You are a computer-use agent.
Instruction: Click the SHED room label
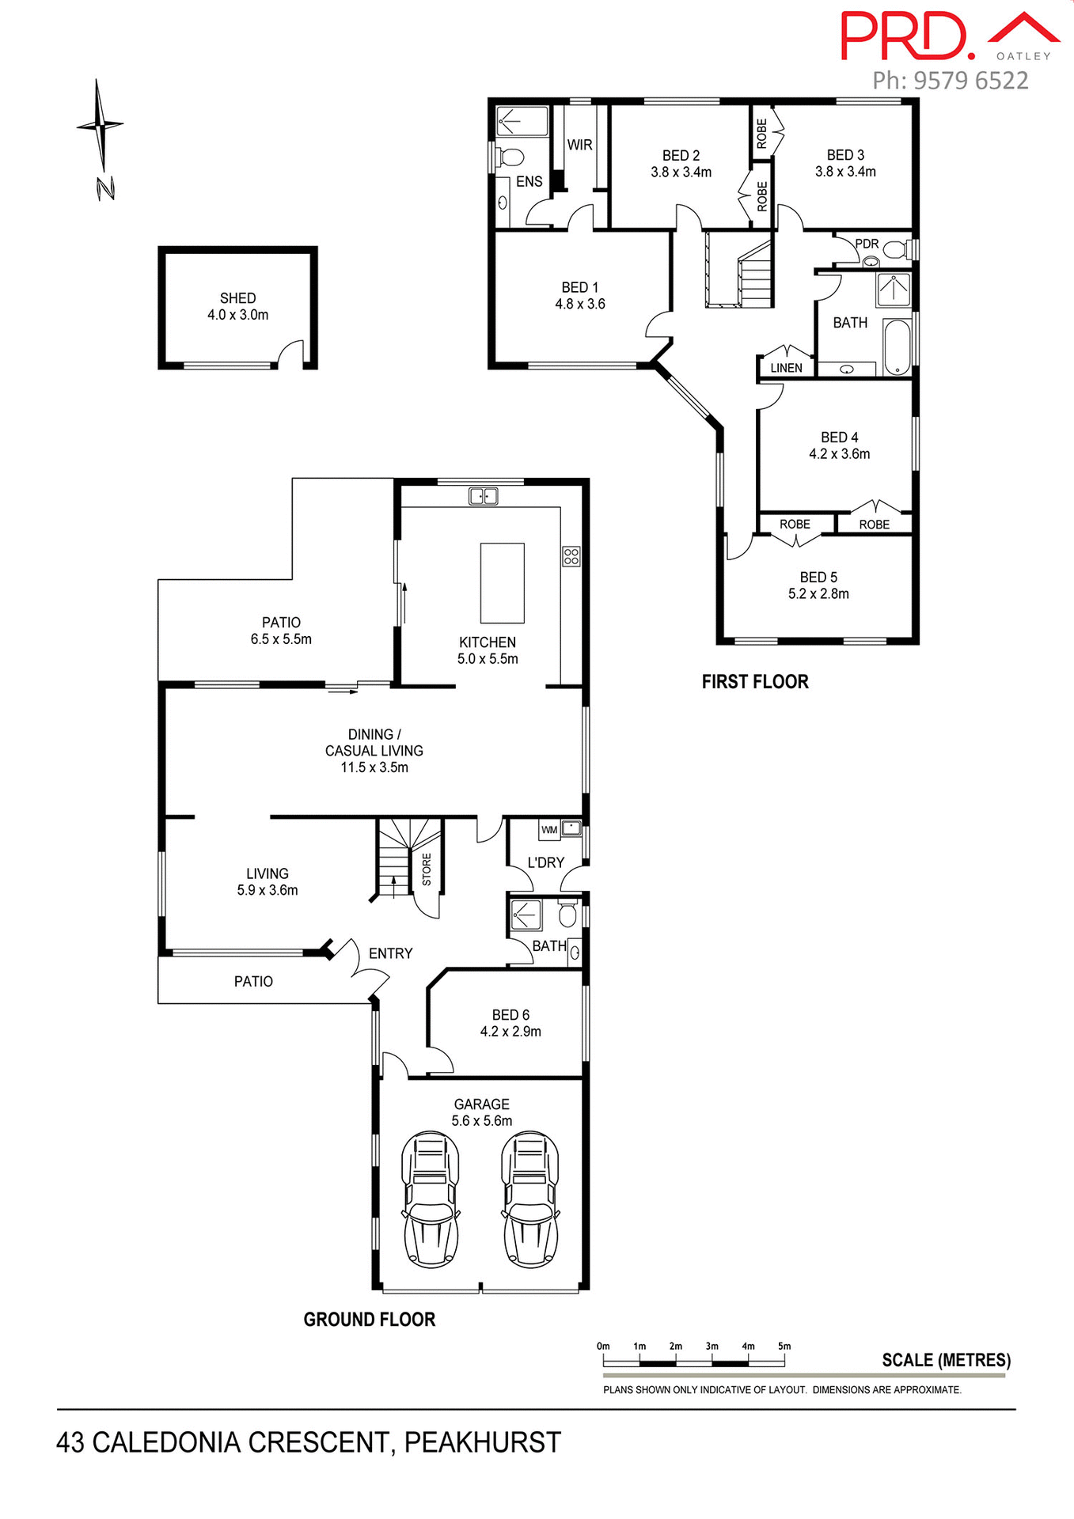tap(237, 298)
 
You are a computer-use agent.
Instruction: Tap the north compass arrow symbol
tap(100, 126)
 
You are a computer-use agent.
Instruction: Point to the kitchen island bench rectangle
tap(502, 583)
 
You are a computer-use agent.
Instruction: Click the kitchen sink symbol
tap(483, 497)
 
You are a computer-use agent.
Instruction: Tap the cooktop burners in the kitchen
tap(571, 556)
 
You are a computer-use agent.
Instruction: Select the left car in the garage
tap(431, 1199)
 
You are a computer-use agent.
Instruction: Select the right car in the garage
tap(530, 1199)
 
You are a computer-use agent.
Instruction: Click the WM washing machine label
tap(549, 830)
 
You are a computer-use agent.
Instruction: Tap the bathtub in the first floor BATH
tap(897, 347)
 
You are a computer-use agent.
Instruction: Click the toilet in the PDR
tap(895, 250)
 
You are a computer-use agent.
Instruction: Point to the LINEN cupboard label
tap(786, 368)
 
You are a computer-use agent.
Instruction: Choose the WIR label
tap(579, 145)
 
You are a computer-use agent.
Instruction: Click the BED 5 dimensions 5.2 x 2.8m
tap(818, 594)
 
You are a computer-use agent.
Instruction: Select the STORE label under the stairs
tap(427, 869)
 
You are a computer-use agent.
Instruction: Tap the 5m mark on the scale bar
tap(784, 1347)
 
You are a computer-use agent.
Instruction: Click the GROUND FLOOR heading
tap(369, 1320)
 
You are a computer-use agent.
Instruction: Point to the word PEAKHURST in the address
tap(482, 1443)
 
